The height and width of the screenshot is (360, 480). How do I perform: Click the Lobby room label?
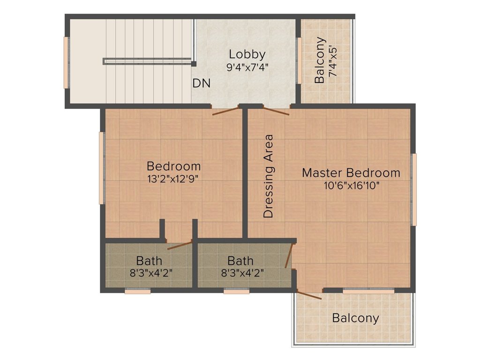[x=247, y=54]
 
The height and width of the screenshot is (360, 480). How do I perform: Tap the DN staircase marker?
[x=202, y=83]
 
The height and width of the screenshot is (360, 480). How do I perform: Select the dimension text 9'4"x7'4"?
[x=247, y=67]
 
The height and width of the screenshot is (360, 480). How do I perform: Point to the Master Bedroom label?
[x=351, y=172]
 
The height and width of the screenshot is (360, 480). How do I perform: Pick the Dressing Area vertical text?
[x=268, y=176]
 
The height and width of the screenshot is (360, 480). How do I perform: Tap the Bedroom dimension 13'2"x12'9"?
[x=173, y=179]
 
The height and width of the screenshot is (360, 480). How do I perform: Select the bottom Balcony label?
[x=355, y=318]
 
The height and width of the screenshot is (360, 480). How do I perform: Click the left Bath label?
[x=149, y=261]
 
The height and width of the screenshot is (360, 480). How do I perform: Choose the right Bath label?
[x=240, y=261]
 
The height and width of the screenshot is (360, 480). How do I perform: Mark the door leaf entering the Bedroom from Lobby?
[x=225, y=111]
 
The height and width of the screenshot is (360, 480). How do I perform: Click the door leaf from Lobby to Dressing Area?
[x=276, y=111]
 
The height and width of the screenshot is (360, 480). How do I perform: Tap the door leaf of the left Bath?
[x=180, y=246]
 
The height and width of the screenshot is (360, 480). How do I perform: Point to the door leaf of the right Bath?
[x=289, y=255]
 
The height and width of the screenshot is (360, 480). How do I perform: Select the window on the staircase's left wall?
[x=66, y=63]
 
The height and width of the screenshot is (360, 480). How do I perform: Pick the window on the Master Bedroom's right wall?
[x=414, y=190]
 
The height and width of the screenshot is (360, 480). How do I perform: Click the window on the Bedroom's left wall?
[x=102, y=168]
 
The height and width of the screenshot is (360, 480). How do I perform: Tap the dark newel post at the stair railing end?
[x=194, y=64]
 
